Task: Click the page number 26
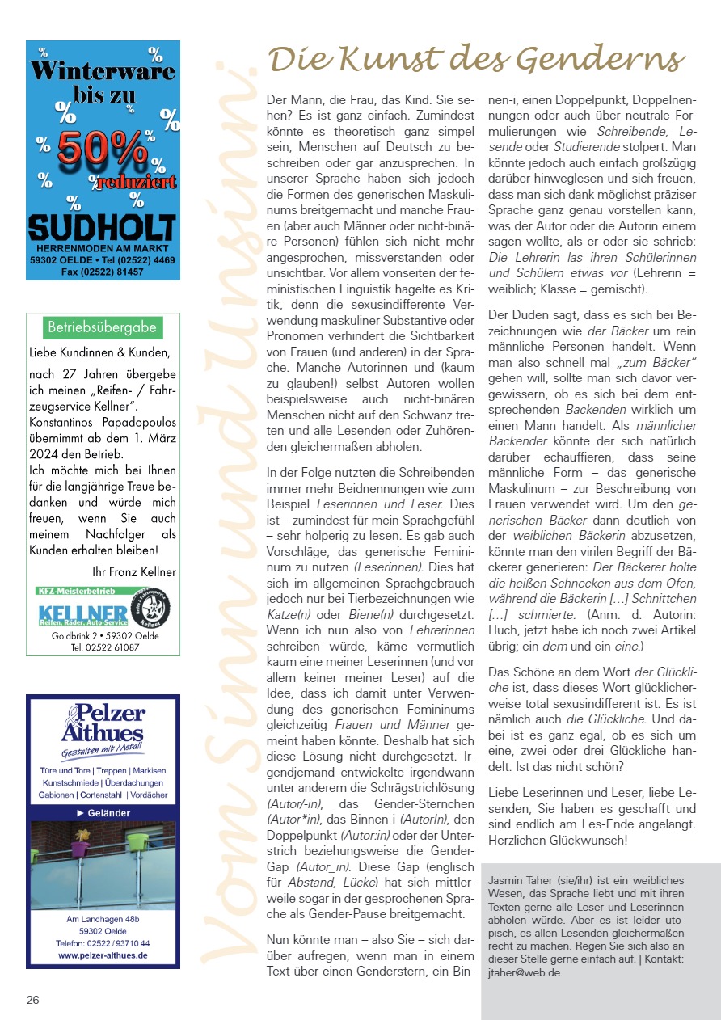pos(33,1000)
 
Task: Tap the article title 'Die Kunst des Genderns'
pos(477,59)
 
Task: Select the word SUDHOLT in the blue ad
pos(102,227)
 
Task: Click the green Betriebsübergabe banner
pos(103,327)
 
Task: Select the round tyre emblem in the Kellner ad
pos(154,607)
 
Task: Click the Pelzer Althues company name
pos(103,723)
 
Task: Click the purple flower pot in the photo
pos(79,848)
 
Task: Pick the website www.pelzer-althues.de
pos(103,955)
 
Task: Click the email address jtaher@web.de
pos(524,973)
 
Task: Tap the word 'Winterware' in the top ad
pos(103,71)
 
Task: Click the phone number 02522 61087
pos(103,647)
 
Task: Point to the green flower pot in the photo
pos(138,842)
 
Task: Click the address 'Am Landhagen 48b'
pos(103,920)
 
